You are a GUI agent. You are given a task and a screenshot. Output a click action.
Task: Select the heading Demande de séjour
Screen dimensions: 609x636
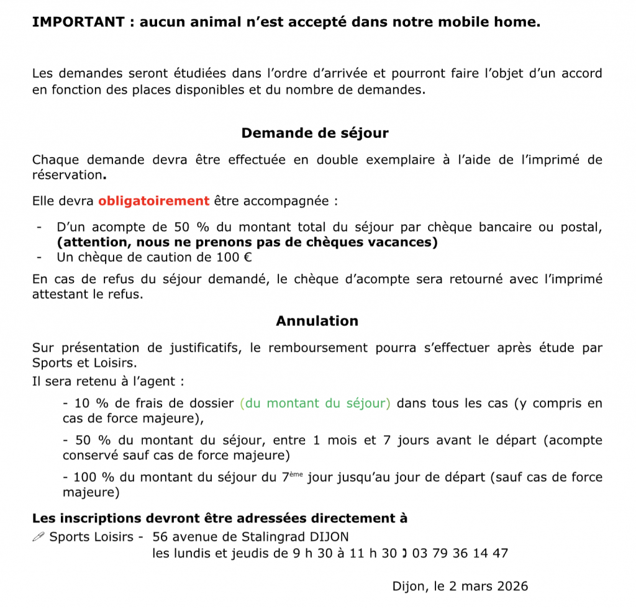click(315, 133)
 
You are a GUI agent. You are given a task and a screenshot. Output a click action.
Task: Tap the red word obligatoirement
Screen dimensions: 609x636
click(153, 201)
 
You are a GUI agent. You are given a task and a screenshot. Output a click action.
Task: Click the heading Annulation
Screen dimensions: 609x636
click(317, 321)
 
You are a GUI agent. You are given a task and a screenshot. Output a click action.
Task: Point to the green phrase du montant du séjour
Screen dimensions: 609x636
click(316, 404)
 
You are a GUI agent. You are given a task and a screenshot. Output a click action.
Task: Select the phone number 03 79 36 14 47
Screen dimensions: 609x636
click(460, 553)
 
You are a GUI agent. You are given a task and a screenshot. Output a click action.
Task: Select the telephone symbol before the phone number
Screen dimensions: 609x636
click(404, 553)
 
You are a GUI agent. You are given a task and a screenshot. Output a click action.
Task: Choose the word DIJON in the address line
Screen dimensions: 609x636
click(332, 536)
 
